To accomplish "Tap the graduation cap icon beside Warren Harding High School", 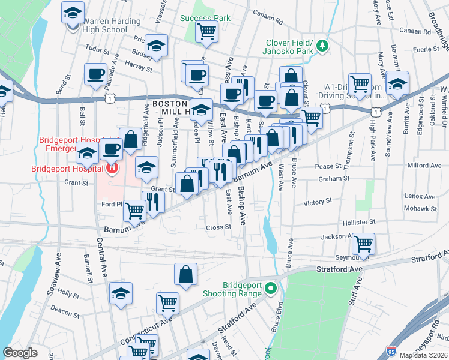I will (x=73, y=12).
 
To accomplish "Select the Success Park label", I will (x=206, y=18).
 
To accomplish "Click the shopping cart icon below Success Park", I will (x=206, y=31).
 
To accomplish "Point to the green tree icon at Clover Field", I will (x=322, y=45).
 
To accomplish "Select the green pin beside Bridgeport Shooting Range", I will (x=271, y=289).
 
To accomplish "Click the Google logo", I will (x=20, y=353).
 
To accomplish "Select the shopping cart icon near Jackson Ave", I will (x=363, y=243).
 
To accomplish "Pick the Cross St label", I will (x=218, y=227).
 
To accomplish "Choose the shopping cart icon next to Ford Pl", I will (x=135, y=210).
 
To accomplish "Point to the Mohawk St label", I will (x=421, y=209).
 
